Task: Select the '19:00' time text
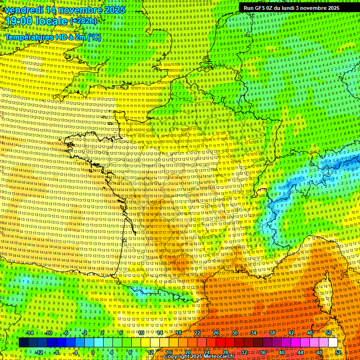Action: (x=17, y=21)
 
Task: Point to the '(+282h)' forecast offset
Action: (x=83, y=21)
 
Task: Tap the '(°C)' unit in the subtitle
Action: (x=94, y=37)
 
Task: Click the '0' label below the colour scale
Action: (x=93, y=352)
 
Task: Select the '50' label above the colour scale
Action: (x=329, y=333)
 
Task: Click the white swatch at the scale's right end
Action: (x=333, y=343)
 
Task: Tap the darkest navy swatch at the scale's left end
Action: (x=23, y=343)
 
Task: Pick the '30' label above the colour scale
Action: (x=234, y=333)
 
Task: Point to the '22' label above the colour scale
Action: (x=197, y=333)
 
